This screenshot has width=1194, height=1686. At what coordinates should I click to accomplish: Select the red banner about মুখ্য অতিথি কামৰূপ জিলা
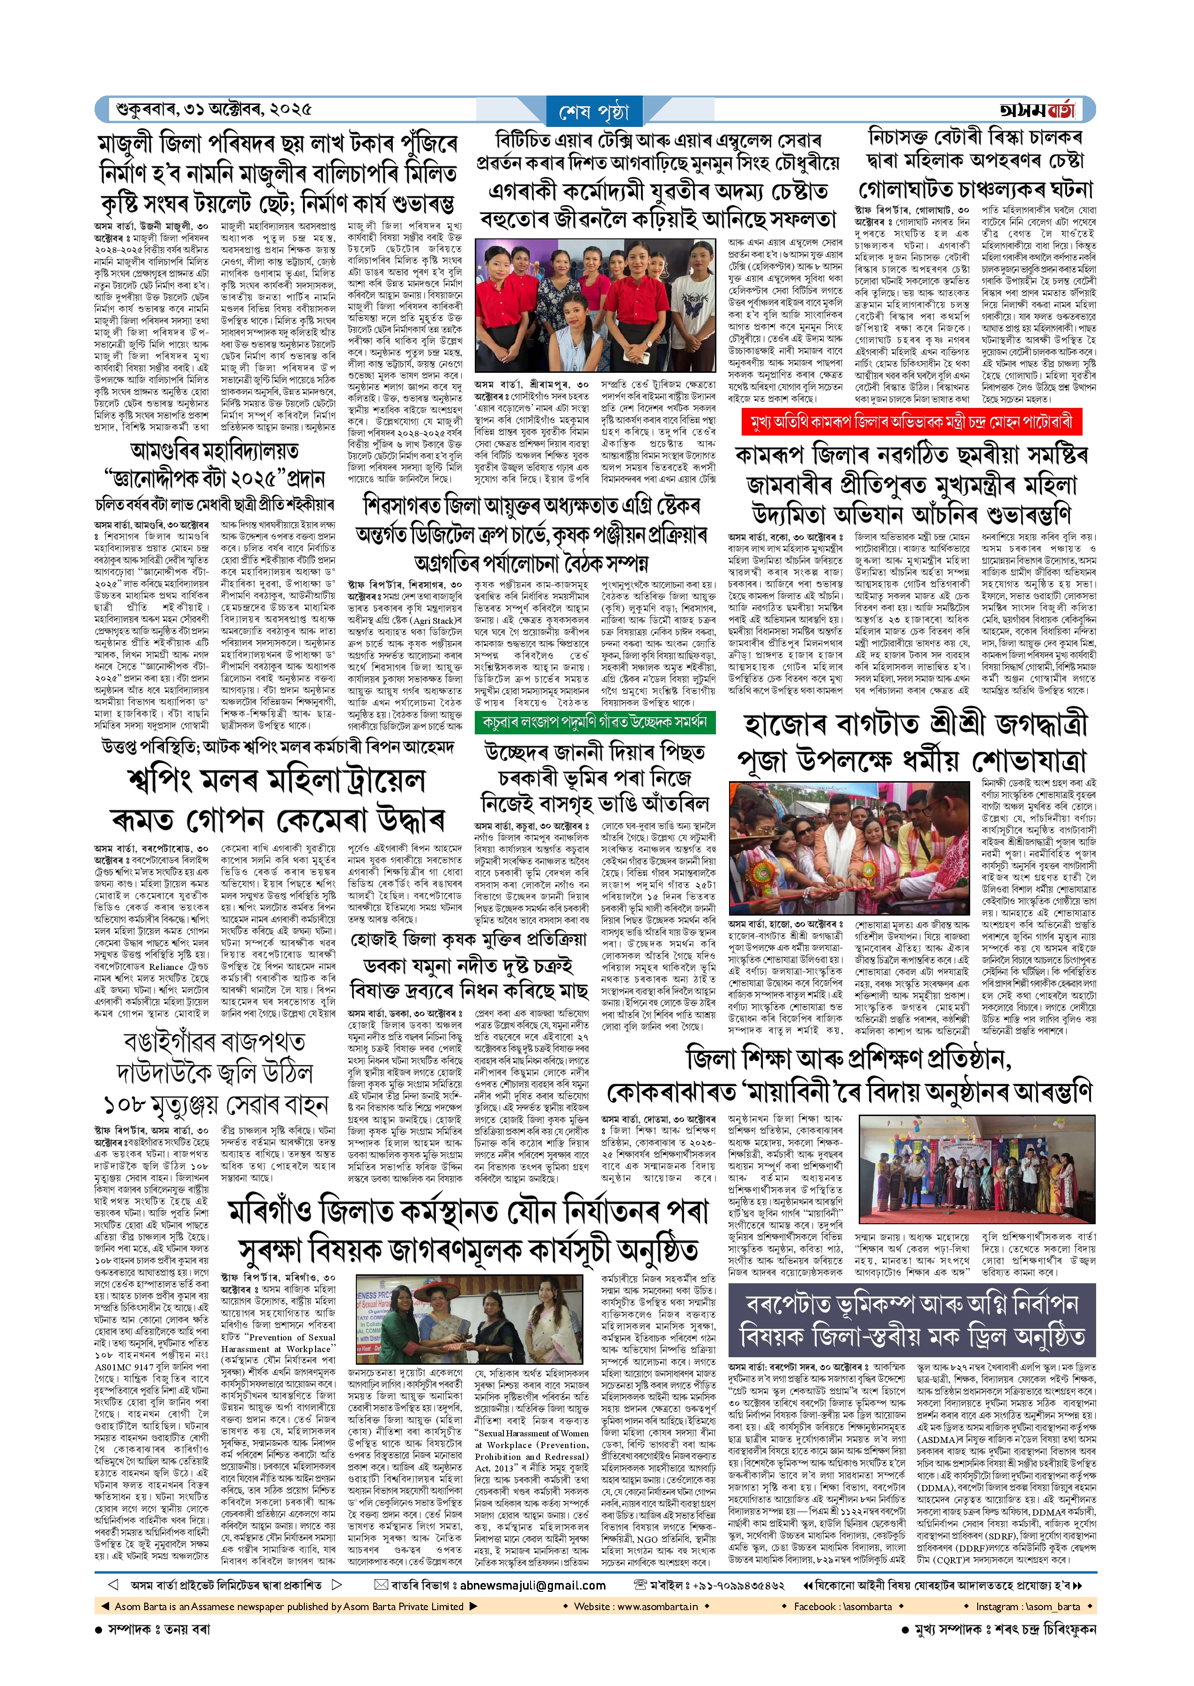[x=912, y=422]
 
